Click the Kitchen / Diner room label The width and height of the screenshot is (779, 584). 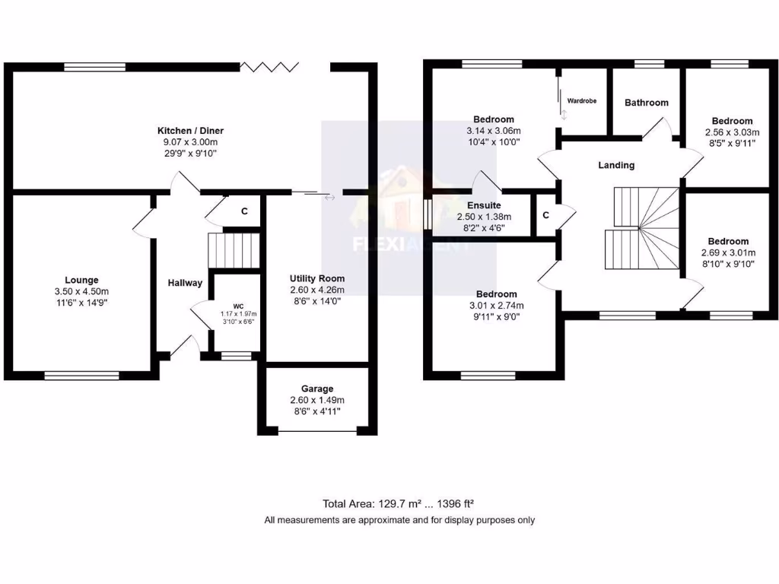(190, 131)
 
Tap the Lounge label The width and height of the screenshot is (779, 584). (81, 280)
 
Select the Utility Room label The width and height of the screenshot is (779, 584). (317, 278)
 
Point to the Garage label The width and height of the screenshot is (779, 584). (317, 389)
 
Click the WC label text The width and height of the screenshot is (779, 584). (238, 306)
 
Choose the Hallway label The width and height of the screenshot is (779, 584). (185, 284)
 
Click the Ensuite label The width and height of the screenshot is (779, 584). (483, 205)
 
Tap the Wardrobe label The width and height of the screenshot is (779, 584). (582, 100)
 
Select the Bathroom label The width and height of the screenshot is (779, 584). (647, 103)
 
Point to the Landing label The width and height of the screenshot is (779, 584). (616, 165)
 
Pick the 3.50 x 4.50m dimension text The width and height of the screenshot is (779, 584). (81, 291)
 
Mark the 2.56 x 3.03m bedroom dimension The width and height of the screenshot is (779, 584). (733, 132)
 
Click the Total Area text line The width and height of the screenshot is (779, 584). (399, 503)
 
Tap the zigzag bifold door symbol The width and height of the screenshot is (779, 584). (270, 67)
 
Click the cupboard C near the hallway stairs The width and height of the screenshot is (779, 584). (244, 211)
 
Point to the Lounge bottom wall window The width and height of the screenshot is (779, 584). (81, 374)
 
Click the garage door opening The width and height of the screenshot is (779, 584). (317, 432)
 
